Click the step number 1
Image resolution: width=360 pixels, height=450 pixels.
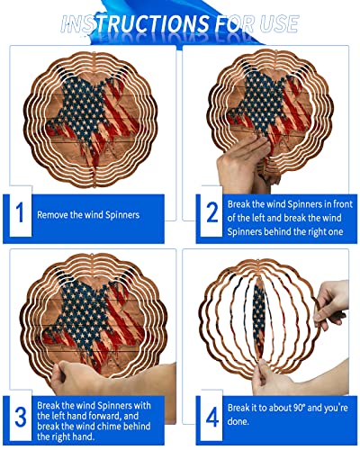pyautogui.click(x=17, y=214)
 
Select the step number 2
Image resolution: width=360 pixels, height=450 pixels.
pyautogui.click(x=212, y=214)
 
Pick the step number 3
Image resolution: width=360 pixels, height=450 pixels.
pyautogui.click(x=17, y=418)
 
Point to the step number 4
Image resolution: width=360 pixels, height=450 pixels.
pyautogui.click(x=212, y=418)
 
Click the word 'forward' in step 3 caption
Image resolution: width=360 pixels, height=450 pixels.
pyautogui.click(x=133, y=418)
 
